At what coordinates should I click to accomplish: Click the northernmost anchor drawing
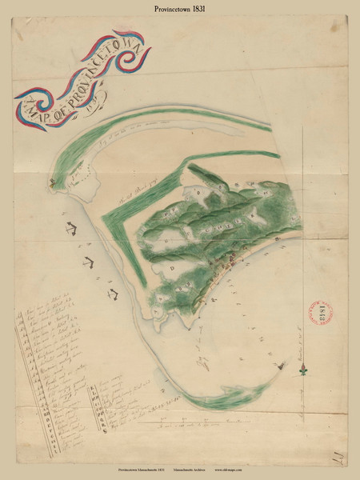(71, 230)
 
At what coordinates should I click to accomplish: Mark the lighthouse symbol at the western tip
(53, 182)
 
